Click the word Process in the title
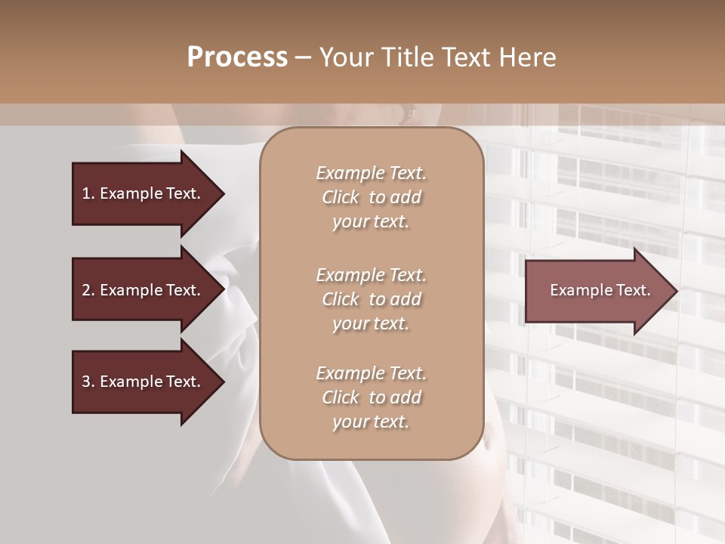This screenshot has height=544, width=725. (237, 57)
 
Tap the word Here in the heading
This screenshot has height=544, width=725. (526, 57)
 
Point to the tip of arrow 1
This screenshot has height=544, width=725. (223, 193)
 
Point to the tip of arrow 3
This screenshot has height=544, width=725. (223, 382)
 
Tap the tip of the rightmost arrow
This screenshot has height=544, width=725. (676, 290)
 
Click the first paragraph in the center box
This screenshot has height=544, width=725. (371, 197)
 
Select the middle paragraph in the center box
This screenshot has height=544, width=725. (371, 299)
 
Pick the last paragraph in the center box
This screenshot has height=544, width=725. (371, 397)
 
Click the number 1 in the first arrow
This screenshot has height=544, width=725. (85, 193)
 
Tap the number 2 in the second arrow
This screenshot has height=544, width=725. (85, 290)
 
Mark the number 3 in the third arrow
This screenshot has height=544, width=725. (85, 382)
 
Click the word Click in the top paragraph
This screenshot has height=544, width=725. (341, 197)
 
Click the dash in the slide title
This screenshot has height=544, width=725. (303, 57)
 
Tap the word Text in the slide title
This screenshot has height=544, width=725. (463, 57)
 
